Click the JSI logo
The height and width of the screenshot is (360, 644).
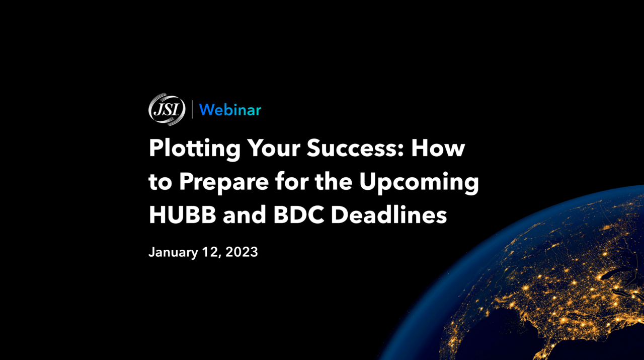coord(167,109)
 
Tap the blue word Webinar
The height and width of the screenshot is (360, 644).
coord(230,110)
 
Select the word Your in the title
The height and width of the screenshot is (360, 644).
coord(274,148)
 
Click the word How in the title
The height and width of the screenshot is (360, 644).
coord(438,148)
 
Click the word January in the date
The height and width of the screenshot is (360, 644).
coord(174,253)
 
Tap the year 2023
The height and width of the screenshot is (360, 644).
coord(242,252)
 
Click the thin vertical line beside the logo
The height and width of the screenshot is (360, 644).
coord(192,109)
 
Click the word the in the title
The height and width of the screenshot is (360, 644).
coord(334,181)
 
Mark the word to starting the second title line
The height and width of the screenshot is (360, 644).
coord(160,182)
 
